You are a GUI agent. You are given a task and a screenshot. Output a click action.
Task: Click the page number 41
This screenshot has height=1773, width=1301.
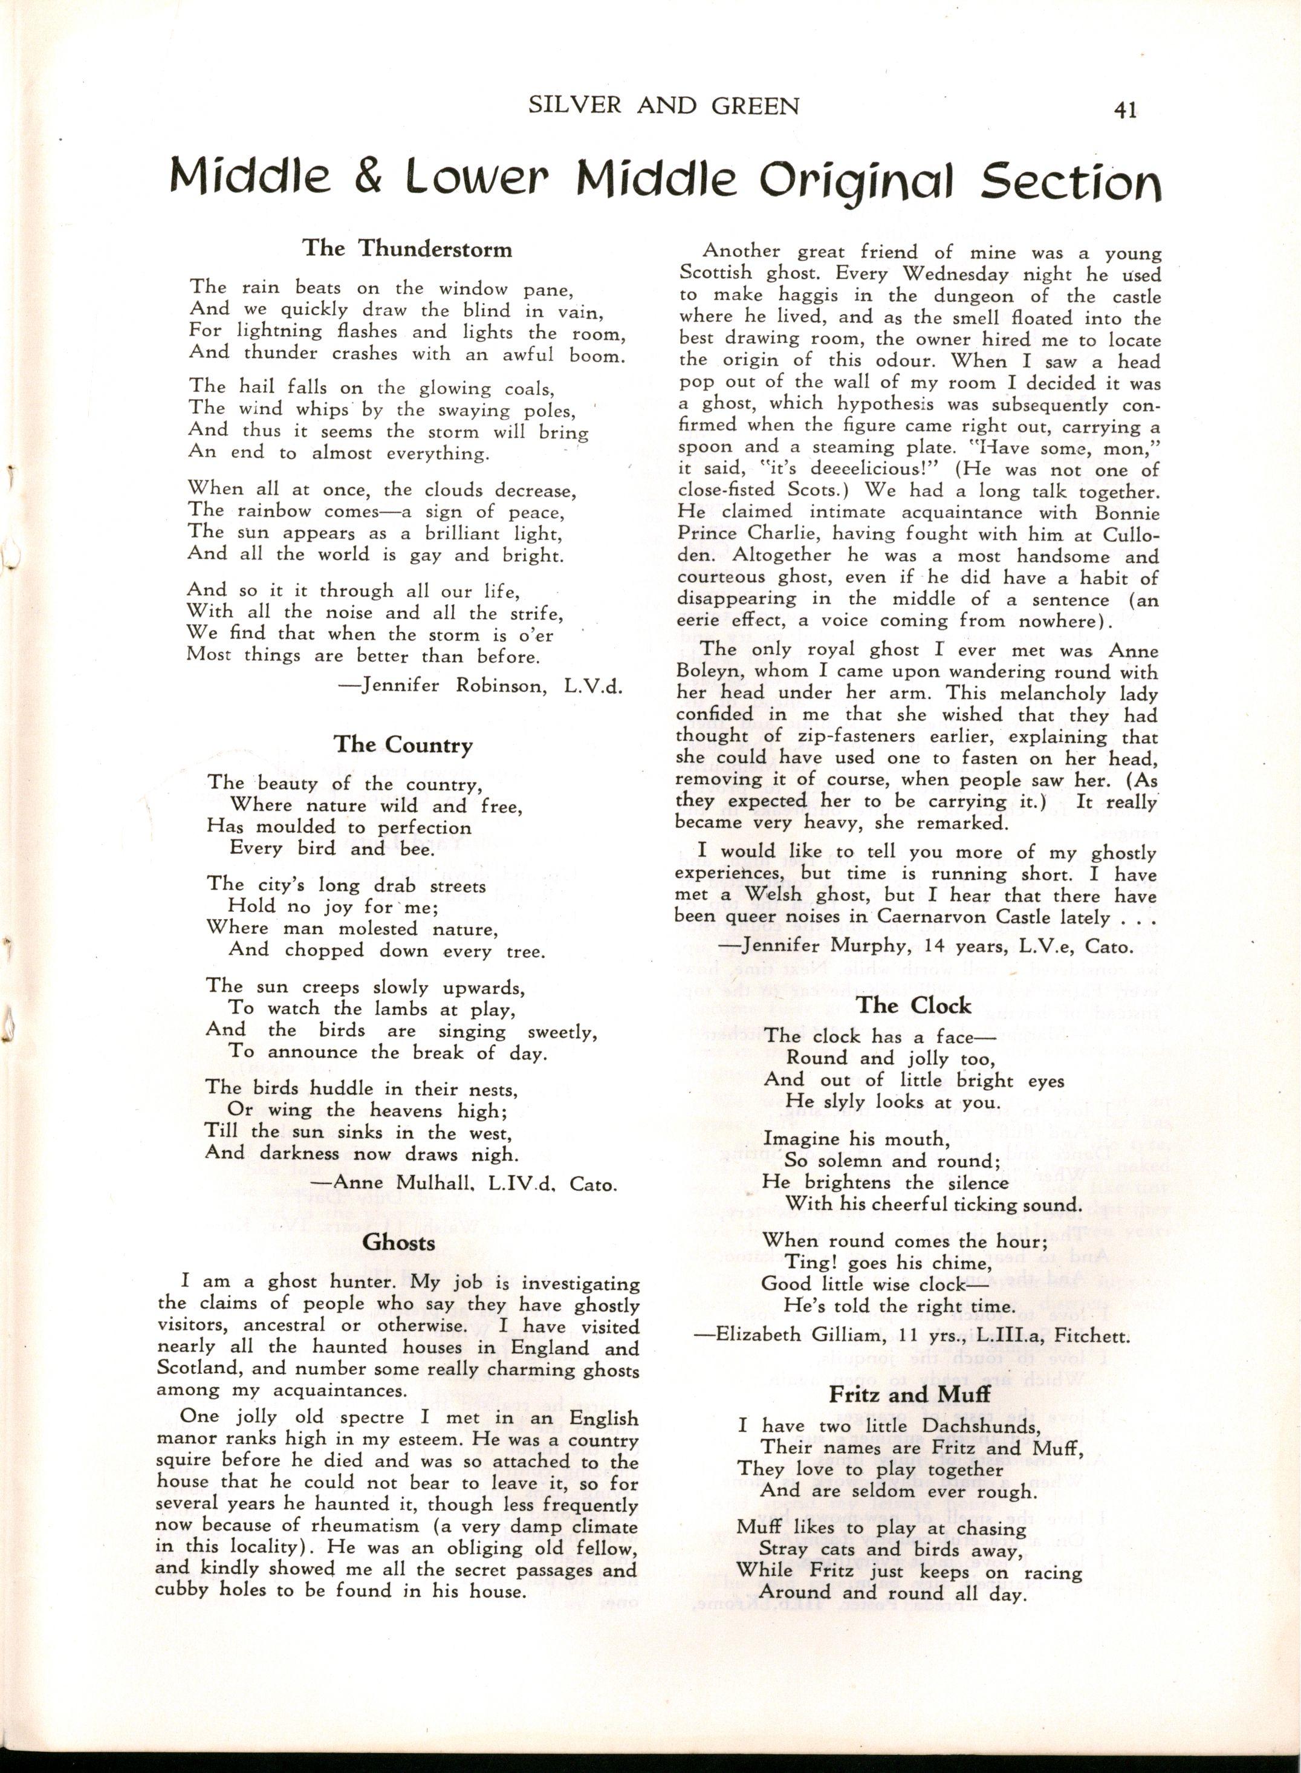coord(1124,111)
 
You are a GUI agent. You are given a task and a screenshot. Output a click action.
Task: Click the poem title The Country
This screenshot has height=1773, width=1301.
coord(403,744)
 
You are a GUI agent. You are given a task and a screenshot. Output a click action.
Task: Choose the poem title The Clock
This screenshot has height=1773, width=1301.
coord(913,1005)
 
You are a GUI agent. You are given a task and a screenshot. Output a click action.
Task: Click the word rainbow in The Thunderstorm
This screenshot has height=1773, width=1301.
coord(281,511)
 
